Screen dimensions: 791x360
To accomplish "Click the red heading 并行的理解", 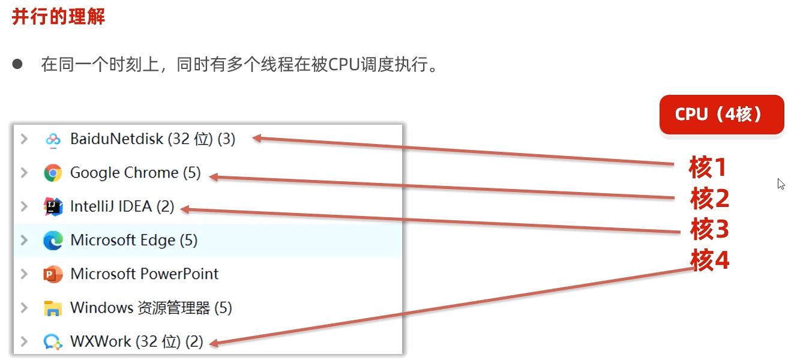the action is tap(58, 17).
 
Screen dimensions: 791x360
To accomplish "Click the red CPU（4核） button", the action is tap(721, 114).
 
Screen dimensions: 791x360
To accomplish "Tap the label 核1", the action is tap(708, 168).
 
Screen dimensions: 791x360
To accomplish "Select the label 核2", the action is tap(709, 199).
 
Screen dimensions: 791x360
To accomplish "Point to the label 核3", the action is tap(709, 229).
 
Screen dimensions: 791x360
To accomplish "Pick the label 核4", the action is tap(709, 260).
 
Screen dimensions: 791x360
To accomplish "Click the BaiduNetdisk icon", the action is tap(53, 139).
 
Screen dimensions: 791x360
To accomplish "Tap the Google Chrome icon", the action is tap(53, 173).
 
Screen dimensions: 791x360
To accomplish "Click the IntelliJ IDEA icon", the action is tap(53, 207).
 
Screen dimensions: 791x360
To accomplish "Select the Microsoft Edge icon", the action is tap(53, 241).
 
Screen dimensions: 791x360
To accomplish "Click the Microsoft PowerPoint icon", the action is tap(53, 274).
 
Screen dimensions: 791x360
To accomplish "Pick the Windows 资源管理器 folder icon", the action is tap(53, 308).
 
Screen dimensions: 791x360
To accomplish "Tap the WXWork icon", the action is tap(53, 342).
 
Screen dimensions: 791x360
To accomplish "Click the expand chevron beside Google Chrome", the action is tap(24, 173).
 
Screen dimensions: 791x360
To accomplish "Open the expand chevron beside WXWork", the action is tap(24, 341).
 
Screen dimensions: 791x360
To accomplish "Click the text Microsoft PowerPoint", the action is tap(145, 274).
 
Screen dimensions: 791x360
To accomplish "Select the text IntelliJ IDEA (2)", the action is tap(122, 207).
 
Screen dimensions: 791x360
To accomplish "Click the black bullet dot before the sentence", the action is tap(17, 64).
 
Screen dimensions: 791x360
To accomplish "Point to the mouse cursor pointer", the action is tap(781, 184).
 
